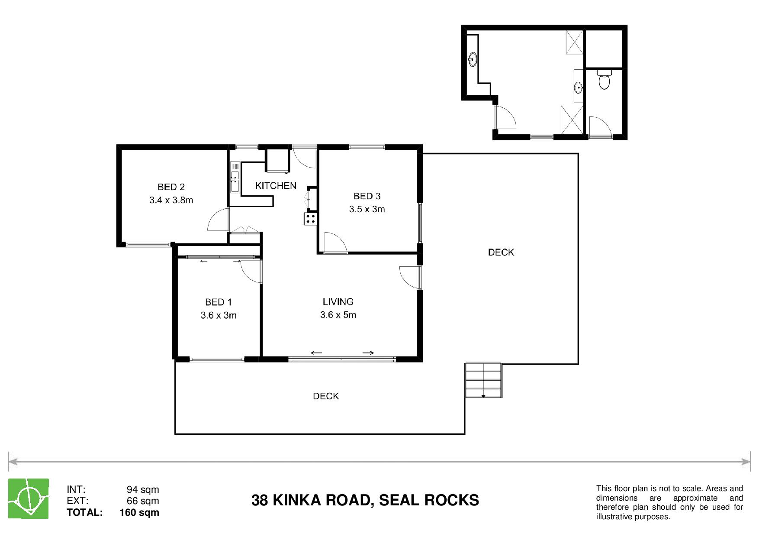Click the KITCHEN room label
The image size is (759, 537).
pos(276,186)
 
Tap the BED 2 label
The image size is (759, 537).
pos(171,187)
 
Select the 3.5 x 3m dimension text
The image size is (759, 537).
pos(367,209)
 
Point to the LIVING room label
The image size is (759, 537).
pos(338,302)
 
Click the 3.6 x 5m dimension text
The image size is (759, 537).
pos(338,315)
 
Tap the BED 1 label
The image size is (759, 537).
pos(219,302)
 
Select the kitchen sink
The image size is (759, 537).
pos(235,177)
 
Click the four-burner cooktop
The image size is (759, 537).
pos(310,218)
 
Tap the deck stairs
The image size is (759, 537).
pos(483,380)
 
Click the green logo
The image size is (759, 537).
pos(29,498)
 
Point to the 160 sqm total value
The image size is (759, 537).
pos(139,513)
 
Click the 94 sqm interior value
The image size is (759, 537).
pos(143,490)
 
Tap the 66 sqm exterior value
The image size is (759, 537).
pos(143,501)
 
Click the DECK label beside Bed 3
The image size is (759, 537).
pos(501,252)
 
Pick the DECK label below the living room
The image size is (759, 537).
pos(326,396)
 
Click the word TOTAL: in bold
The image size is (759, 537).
pos(85,513)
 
